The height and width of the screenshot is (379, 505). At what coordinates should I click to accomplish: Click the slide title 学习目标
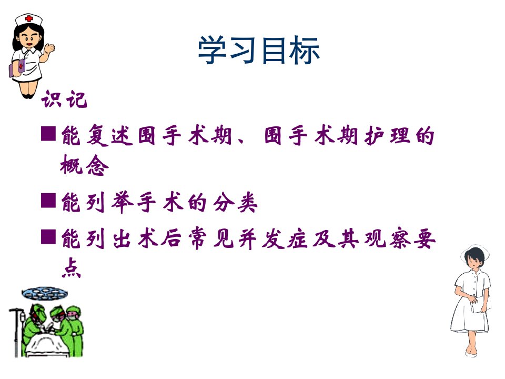click(x=258, y=50)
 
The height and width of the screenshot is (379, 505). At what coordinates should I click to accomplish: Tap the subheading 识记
click(x=64, y=99)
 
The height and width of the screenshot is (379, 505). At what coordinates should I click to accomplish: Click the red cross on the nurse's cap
click(x=29, y=18)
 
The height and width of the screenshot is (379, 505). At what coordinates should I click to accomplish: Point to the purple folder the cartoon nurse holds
click(x=17, y=68)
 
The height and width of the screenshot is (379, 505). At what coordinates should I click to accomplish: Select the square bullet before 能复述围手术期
click(x=48, y=133)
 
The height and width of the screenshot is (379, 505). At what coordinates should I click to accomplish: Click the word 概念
click(x=84, y=165)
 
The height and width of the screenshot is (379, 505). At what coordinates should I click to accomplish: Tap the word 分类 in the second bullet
click(x=236, y=202)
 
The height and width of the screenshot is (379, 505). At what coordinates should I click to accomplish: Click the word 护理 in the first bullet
click(x=388, y=135)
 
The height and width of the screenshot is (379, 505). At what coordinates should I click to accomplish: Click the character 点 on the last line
click(x=71, y=268)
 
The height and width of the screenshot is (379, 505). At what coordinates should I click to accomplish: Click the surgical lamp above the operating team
click(x=44, y=294)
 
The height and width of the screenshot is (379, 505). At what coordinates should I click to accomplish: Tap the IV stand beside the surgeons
click(x=17, y=332)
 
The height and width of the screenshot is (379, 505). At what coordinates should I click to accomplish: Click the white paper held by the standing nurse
click(x=480, y=304)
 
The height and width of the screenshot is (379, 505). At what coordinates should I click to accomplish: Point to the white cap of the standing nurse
click(x=476, y=252)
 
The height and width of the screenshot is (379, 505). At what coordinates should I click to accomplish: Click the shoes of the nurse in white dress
click(x=471, y=353)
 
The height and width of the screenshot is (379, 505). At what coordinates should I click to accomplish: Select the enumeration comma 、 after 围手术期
click(x=241, y=141)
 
